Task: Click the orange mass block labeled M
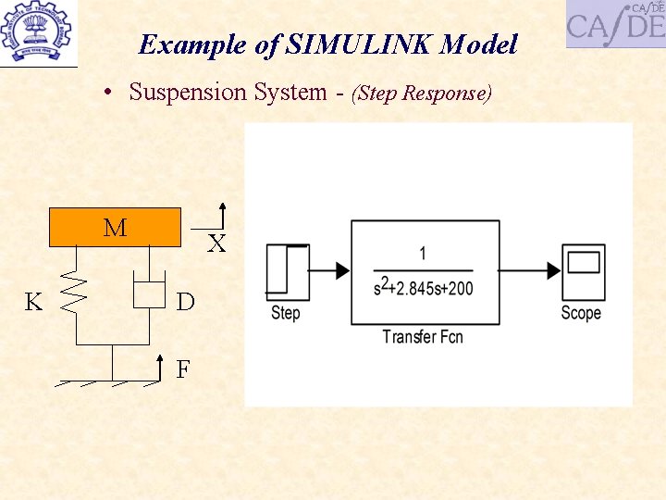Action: coord(115,228)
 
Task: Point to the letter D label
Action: coord(185,303)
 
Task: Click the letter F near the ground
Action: coord(183,369)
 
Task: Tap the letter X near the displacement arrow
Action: coord(216,244)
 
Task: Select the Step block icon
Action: coord(287,269)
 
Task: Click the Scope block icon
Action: coord(583,269)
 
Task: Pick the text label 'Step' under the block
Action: coord(286,313)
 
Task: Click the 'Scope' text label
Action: coord(581,313)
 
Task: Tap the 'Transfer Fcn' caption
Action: coord(423,336)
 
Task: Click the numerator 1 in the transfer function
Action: coord(423,253)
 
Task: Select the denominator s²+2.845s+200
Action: coord(423,288)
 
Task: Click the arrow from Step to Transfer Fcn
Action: coord(329,270)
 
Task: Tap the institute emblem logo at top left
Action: coord(40,31)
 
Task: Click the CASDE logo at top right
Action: coord(615,23)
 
